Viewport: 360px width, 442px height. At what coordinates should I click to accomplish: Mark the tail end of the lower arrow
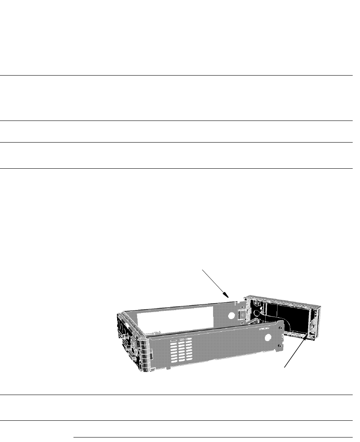tap(285, 367)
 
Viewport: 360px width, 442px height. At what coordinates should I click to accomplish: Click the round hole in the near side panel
tap(268, 337)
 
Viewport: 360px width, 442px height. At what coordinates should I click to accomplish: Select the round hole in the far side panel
tap(231, 315)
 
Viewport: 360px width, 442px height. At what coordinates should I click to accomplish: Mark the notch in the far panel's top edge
tap(237, 303)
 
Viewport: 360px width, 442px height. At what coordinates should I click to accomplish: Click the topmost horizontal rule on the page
tap(176, 75)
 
